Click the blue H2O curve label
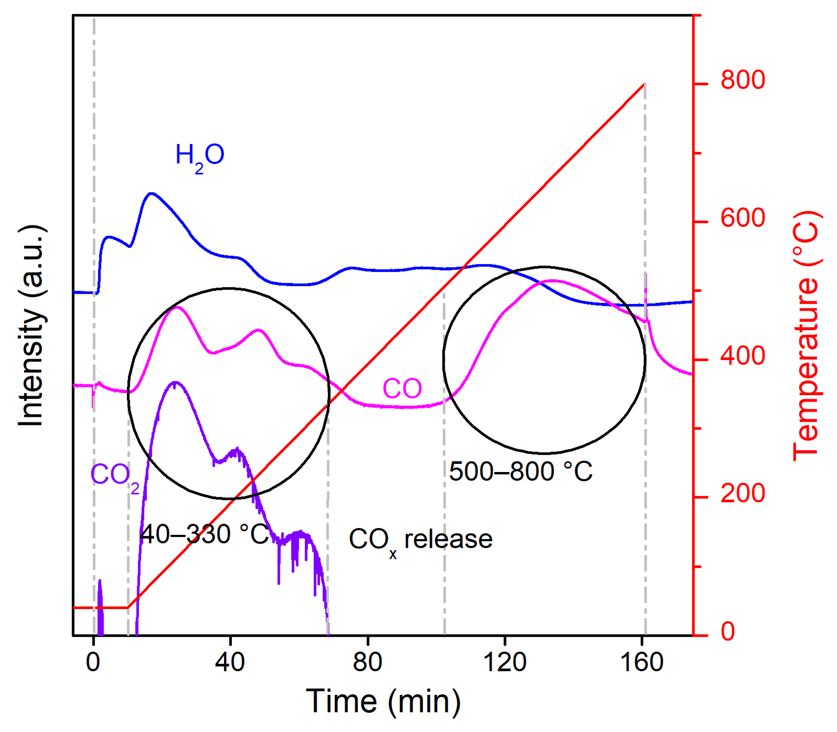pyautogui.click(x=200, y=156)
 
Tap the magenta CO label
pyautogui.click(x=402, y=388)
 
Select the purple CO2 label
pyautogui.click(x=115, y=476)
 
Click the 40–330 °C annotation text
pyautogui.click(x=204, y=534)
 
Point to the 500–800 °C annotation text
pyautogui.click(x=520, y=471)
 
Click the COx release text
pyautogui.click(x=420, y=540)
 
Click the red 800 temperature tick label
pyautogui.click(x=742, y=80)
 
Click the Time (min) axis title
pyautogui.click(x=383, y=701)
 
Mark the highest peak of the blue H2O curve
pyautogui.click(x=152, y=193)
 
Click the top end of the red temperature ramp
pyautogui.click(x=644, y=84)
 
